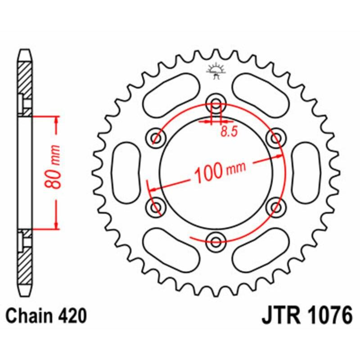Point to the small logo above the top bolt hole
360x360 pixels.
pos(216,71)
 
